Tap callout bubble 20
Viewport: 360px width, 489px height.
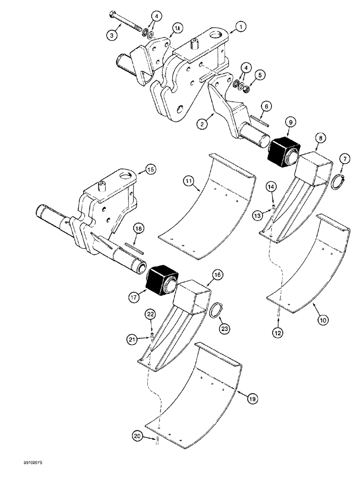pyautogui.click(x=137, y=433)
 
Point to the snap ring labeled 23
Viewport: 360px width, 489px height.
pyautogui.click(x=214, y=311)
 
